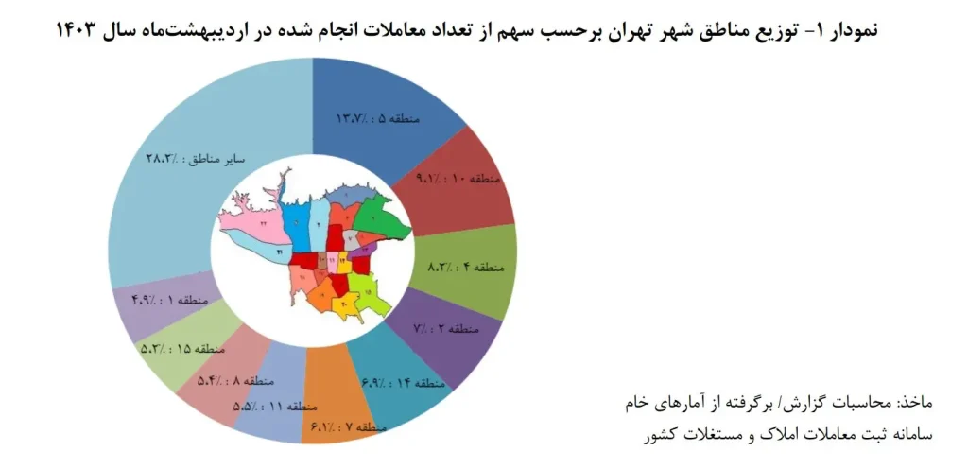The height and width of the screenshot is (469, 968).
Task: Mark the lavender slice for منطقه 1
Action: tap(142, 303)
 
